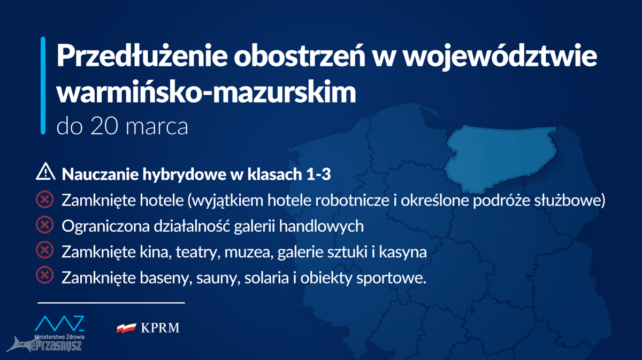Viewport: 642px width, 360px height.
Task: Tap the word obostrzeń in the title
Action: [300, 55]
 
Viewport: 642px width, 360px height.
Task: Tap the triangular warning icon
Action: [45, 171]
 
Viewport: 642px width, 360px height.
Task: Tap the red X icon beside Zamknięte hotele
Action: [45, 199]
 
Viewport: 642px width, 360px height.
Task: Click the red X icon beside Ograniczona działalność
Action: [45, 225]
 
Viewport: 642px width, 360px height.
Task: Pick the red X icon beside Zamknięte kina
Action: [45, 250]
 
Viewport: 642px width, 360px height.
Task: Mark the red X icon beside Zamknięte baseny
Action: [45, 275]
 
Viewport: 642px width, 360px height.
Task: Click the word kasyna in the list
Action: [403, 252]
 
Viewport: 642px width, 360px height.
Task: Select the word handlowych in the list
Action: [322, 226]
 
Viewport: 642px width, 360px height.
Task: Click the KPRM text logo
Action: [160, 328]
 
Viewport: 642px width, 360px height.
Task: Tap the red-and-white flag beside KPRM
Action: [126, 328]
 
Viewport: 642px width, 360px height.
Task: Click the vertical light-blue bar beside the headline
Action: [43, 86]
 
